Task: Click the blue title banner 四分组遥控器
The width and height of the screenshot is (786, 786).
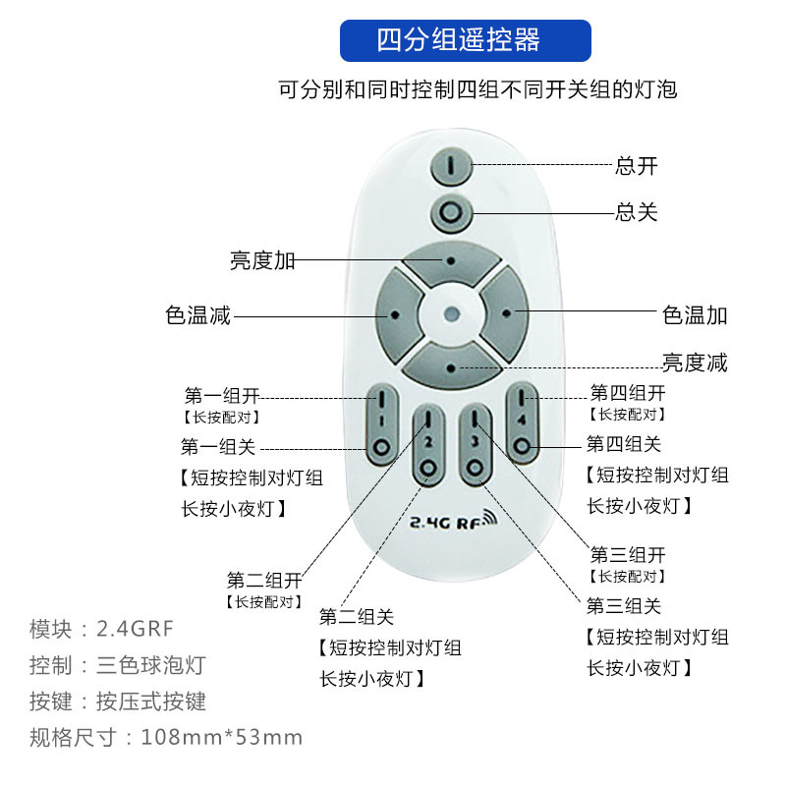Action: coord(465,41)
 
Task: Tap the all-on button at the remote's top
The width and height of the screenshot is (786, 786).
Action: coord(451,166)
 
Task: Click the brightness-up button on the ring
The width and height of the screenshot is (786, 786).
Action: coord(451,261)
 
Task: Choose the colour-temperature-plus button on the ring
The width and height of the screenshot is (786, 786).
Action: coord(506,314)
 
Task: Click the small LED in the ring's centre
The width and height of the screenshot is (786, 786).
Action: coord(451,314)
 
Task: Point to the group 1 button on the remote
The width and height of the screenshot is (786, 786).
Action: coord(380,423)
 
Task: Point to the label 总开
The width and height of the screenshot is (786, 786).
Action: coord(637,165)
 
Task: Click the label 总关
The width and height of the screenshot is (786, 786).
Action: coord(637,211)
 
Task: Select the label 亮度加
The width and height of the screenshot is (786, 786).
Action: coord(262,260)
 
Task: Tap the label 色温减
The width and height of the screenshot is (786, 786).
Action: coord(198,315)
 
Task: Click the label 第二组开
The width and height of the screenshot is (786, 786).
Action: coord(263,579)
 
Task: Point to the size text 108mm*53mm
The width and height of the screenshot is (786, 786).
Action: coord(222,737)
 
